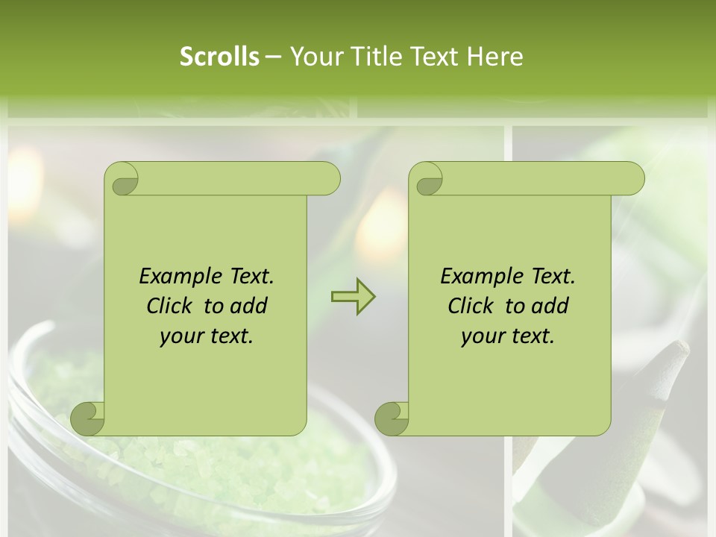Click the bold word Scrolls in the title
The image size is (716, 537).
pyautogui.click(x=220, y=57)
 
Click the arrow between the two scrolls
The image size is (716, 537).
pyautogui.click(x=353, y=297)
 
